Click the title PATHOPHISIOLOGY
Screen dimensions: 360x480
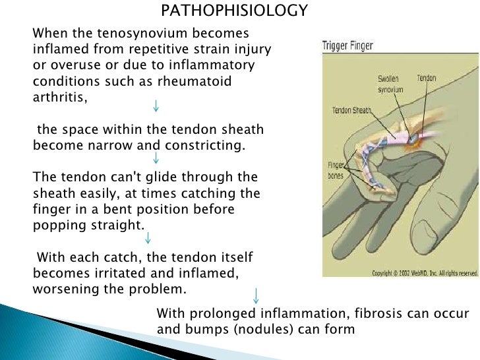coord(235,11)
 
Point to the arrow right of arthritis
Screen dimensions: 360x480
coord(155,106)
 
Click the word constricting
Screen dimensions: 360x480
coord(206,145)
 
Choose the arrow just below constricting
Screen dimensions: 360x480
coord(156,158)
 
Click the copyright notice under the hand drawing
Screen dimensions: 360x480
coord(425,272)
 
